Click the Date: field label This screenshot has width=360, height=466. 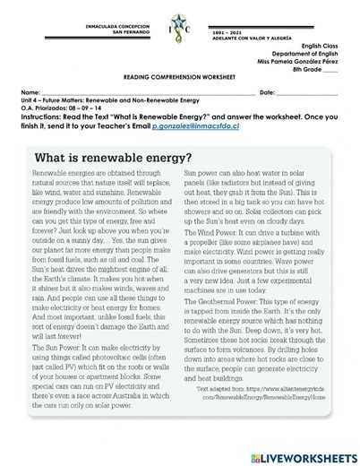[267, 92]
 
